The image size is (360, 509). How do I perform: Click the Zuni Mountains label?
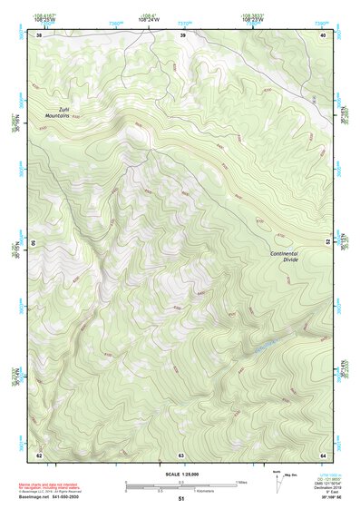pyautogui.click(x=58, y=113)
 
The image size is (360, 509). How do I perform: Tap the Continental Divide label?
pyautogui.click(x=284, y=255)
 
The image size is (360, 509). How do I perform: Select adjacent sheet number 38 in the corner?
pyautogui.click(x=39, y=35)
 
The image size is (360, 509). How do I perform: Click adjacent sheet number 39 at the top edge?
pyautogui.click(x=182, y=35)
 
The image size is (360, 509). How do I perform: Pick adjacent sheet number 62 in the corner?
pyautogui.click(x=39, y=455)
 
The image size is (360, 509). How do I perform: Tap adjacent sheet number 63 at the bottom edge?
pyautogui.click(x=181, y=455)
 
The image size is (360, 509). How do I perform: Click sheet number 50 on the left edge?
pyautogui.click(x=34, y=244)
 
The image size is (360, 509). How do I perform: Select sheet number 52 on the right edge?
pyautogui.click(x=327, y=244)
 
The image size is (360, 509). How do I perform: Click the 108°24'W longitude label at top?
pyautogui.click(x=145, y=18)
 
